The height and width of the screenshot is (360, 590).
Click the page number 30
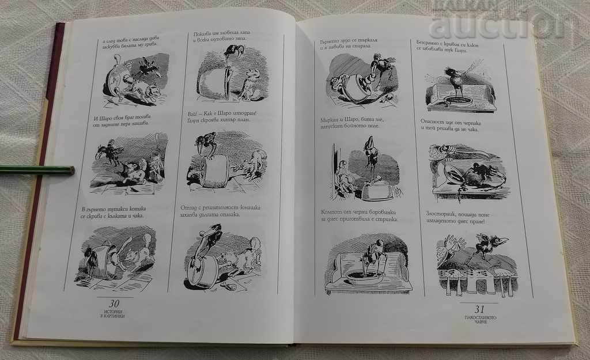(115, 304)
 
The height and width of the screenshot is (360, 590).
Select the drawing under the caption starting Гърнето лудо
(362, 80)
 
